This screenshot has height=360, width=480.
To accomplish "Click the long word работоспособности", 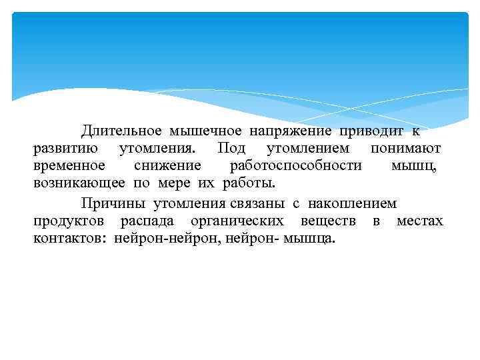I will click(x=295, y=166).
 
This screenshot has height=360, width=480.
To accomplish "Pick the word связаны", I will click(x=263, y=203).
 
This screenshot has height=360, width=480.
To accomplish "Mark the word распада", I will click(x=147, y=221).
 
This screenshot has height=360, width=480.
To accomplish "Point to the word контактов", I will click(x=71, y=239).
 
